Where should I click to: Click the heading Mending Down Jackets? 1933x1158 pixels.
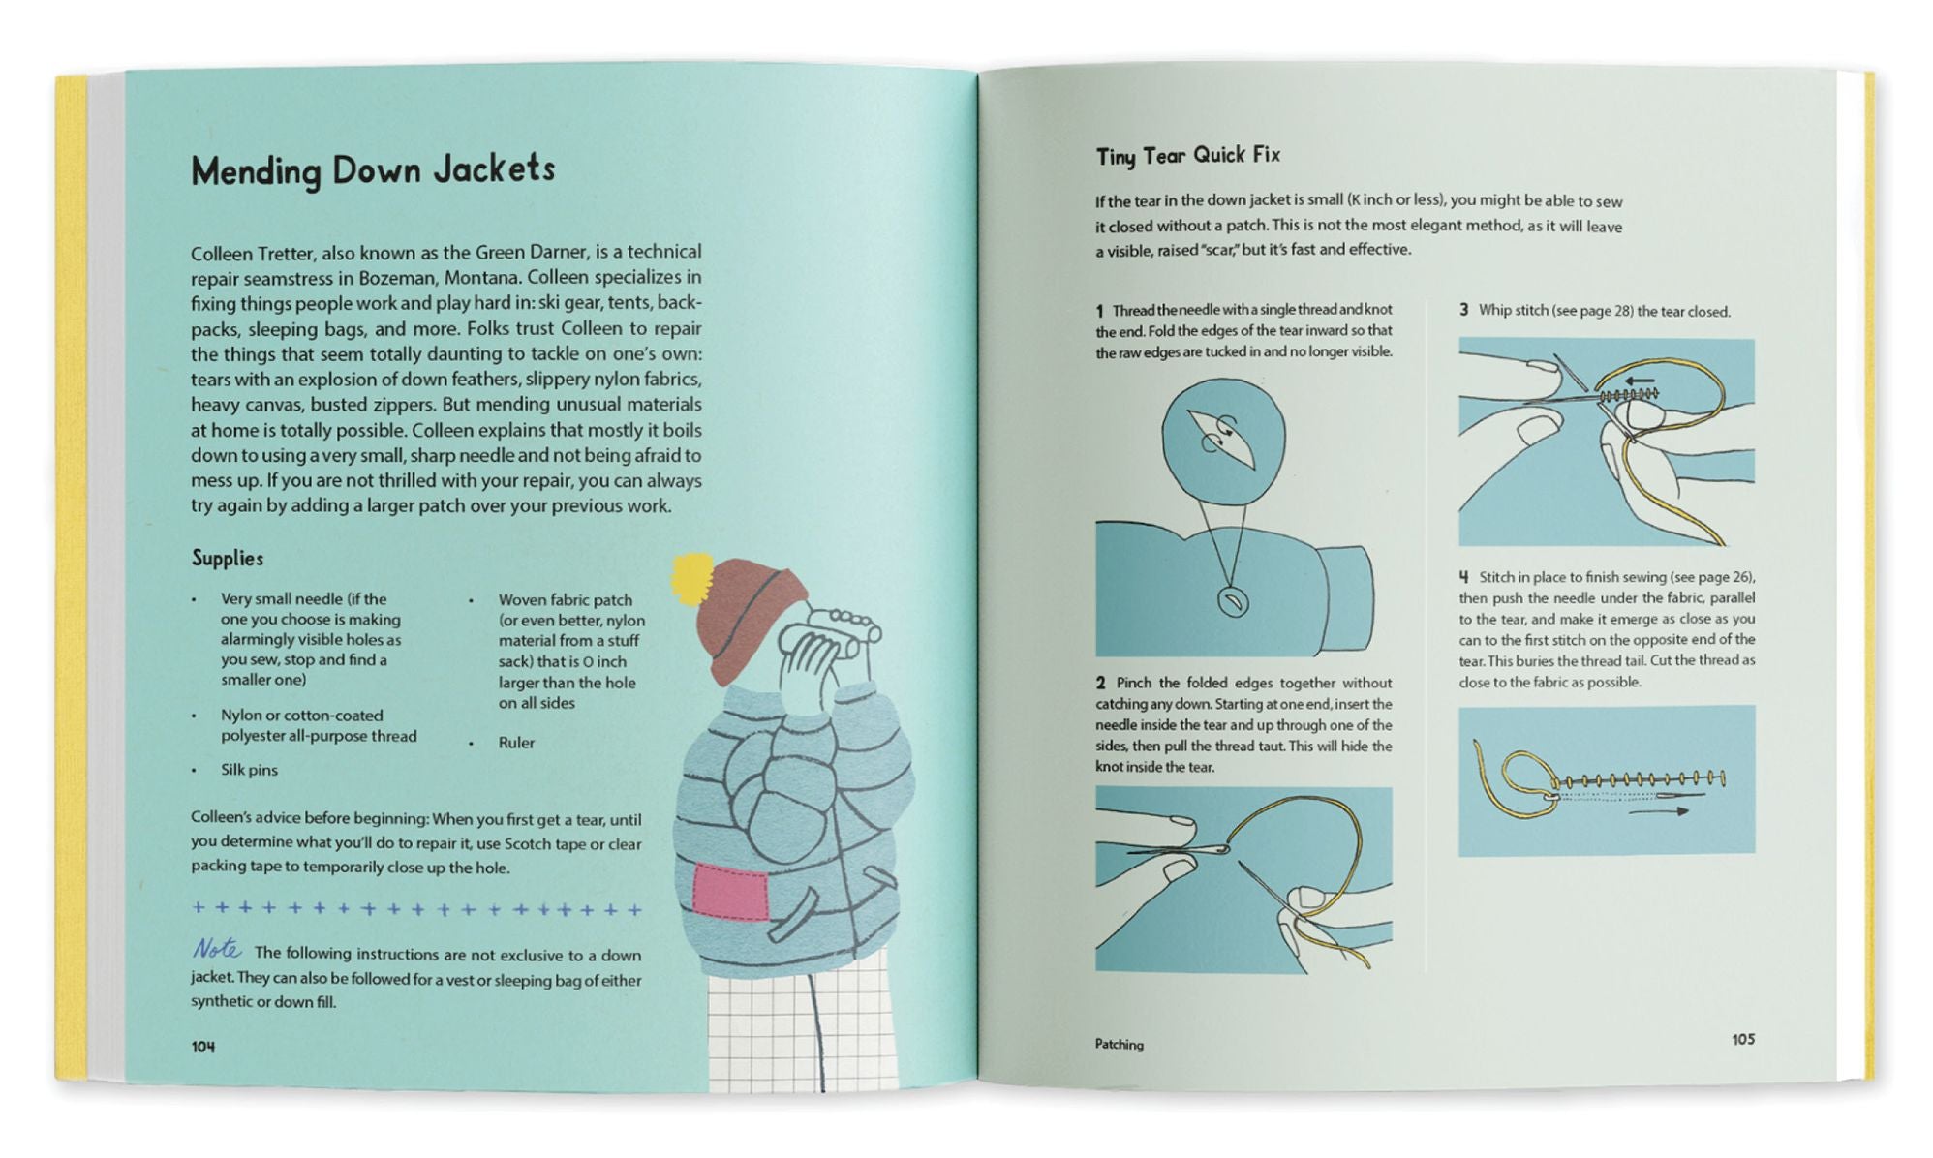tap(373, 170)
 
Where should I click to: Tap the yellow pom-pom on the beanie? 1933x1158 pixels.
tap(691, 577)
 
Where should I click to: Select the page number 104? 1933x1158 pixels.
tap(203, 1047)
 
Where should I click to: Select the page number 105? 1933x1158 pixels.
tap(1743, 1039)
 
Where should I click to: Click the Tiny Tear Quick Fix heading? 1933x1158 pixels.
tap(1188, 156)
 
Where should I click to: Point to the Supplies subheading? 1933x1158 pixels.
tap(228, 558)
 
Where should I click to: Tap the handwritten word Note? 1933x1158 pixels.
tap(217, 948)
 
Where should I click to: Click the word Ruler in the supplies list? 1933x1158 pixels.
tap(516, 743)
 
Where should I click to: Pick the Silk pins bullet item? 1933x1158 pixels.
tap(249, 770)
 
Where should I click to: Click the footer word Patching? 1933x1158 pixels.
tap(1120, 1044)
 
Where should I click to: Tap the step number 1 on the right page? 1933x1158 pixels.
tap(1100, 311)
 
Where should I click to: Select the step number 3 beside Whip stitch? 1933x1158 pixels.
tap(1464, 310)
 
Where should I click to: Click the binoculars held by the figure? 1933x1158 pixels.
tap(829, 631)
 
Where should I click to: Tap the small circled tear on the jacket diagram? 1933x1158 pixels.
tap(1232, 602)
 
